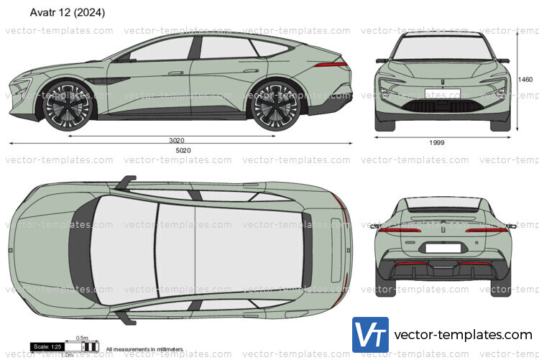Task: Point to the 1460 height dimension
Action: [526, 79]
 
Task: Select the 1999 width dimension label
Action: [437, 142]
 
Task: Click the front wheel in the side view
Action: [68, 105]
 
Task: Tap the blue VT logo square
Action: [370, 336]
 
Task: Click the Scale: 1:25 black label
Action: [45, 347]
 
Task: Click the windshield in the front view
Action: [441, 47]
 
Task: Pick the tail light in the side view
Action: [333, 65]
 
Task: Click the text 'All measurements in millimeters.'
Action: [144, 349]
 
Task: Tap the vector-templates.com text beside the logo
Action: [464, 336]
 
